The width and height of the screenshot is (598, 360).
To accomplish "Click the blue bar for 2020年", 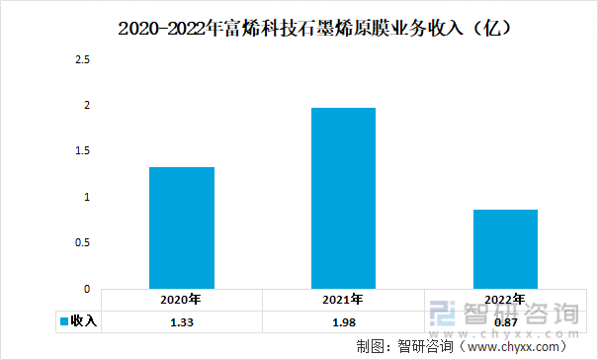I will pos(182,227).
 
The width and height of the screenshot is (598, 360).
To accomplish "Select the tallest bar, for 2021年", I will pos(343,198).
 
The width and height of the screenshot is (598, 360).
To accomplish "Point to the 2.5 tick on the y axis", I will pos(83,60).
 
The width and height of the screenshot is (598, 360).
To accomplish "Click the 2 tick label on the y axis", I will pos(87,106).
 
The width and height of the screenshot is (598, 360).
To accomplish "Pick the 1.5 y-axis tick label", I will pos(83,151).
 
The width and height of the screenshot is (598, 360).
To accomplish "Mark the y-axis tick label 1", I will pos(87,198).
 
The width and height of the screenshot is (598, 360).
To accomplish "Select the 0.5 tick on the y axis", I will pos(83,243).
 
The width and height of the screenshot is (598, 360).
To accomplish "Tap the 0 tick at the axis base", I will pos(87,289).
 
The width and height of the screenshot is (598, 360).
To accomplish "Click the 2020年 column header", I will pos(182,300).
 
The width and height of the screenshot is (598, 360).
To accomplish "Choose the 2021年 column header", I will pos(343,300).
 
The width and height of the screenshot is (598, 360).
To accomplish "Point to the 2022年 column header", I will pos(504,300).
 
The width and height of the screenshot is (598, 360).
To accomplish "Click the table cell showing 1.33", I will pos(182,321).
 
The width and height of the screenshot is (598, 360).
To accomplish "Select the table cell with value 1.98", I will pos(343,321).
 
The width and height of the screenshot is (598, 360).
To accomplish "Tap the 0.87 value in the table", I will pos(504,321).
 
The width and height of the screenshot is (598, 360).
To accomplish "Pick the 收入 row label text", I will pos(83,321).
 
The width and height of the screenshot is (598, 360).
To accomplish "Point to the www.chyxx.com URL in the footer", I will pos(513,346).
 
